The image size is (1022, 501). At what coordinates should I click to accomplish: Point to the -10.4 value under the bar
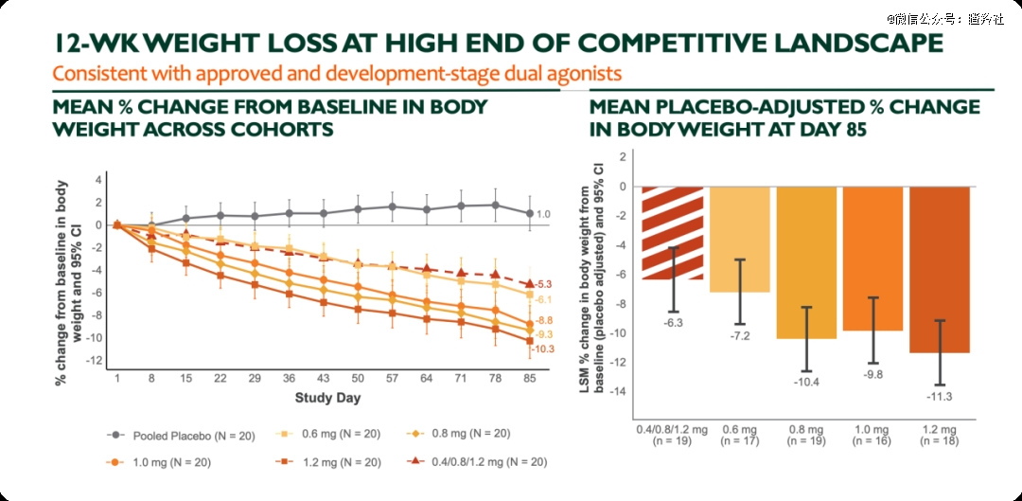click(807, 381)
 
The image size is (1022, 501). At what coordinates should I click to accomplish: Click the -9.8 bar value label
click(873, 373)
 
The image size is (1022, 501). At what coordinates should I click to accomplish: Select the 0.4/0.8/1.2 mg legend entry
click(473, 462)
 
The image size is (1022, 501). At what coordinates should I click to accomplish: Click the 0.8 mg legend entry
click(458, 434)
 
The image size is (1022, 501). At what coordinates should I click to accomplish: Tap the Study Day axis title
click(327, 397)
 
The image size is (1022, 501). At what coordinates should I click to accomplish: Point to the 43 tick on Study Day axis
click(324, 378)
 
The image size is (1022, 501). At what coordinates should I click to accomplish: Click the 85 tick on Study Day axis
click(529, 378)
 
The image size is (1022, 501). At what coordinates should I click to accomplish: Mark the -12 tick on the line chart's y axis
click(95, 361)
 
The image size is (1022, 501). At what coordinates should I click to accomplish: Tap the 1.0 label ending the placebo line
click(543, 214)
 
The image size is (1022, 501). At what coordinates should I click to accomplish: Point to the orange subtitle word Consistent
click(92, 73)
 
